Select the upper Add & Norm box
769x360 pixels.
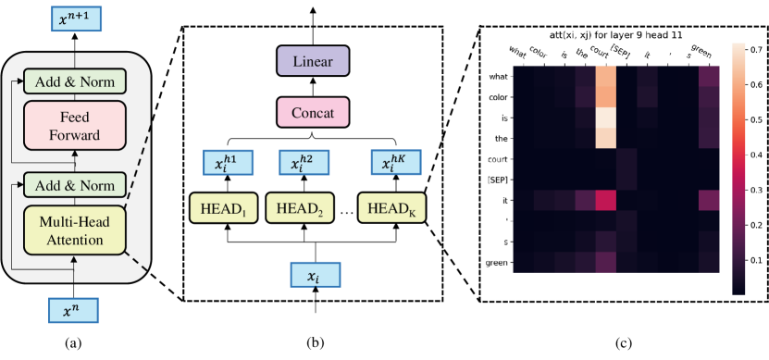point(75,81)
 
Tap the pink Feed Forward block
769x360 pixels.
point(75,127)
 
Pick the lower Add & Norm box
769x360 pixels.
point(75,185)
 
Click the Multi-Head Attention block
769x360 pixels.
point(75,230)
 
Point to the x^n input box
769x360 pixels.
point(73,311)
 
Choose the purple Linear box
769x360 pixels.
point(313,62)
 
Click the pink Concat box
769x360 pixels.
point(313,114)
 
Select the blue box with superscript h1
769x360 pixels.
point(226,163)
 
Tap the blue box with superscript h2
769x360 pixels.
point(303,163)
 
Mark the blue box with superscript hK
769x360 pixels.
point(394,163)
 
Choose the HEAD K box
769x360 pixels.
point(392,207)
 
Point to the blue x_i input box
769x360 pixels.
point(316,275)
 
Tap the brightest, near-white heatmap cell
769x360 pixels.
point(606,118)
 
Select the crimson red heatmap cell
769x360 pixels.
point(606,201)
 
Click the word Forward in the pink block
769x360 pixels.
point(75,136)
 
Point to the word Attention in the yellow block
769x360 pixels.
point(75,240)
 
